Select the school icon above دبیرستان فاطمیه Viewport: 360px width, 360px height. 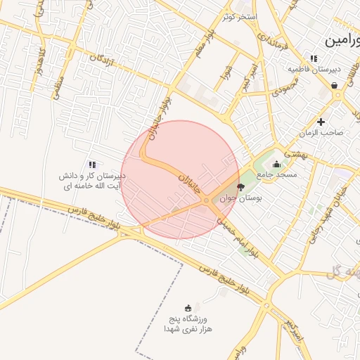tap(313, 58)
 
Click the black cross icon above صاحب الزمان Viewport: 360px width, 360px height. tap(321, 122)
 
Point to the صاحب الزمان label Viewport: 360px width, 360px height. tap(323, 132)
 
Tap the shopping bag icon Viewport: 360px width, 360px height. tap(334, 86)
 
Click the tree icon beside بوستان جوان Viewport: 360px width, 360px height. tap(241, 187)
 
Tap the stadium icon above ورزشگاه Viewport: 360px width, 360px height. tap(188, 308)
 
